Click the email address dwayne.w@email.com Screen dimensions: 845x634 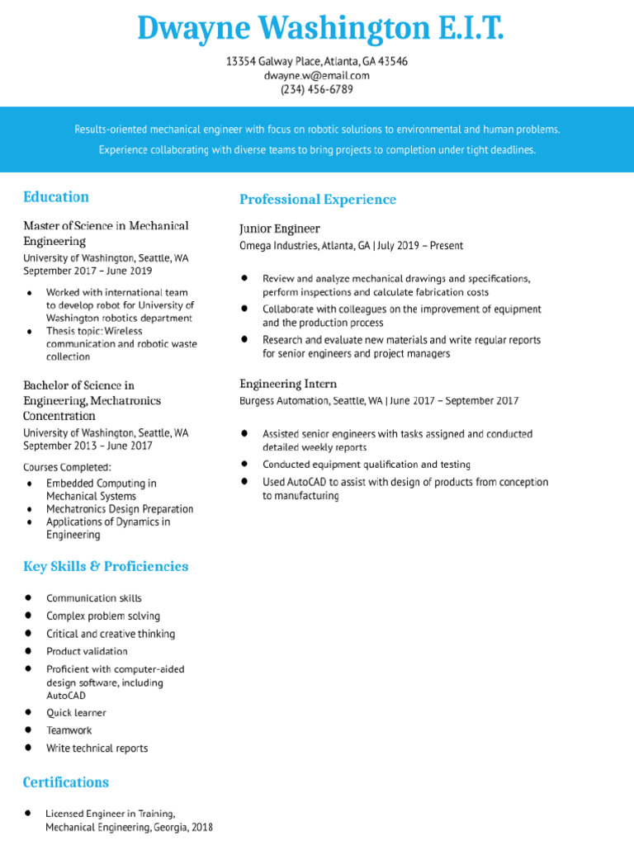[316, 75]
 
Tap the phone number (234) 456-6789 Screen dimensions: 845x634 [316, 89]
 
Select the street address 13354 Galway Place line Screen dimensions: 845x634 [316, 61]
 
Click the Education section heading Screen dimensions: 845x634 [56, 196]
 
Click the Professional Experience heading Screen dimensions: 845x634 [318, 199]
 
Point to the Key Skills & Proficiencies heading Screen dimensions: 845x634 [106, 566]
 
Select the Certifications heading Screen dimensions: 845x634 [66, 781]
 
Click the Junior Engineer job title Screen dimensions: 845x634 [280, 229]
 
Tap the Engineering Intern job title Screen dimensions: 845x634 [288, 384]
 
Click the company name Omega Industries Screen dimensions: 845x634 [280, 246]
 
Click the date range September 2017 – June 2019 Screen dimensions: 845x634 [88, 271]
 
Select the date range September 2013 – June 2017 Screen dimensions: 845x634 [88, 446]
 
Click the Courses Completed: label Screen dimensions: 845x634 [67, 468]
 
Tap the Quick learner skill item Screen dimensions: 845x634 [76, 712]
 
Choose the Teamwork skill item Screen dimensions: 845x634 [69, 730]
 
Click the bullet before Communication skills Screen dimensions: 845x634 [29, 597]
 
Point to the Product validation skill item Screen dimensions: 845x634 [87, 651]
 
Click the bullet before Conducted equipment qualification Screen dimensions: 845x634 [245, 464]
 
